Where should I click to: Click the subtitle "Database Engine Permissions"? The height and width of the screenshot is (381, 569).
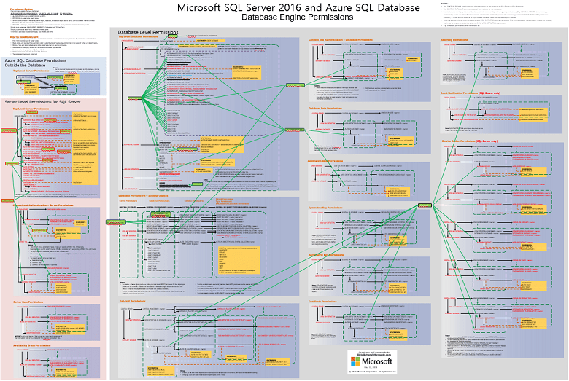[299, 17]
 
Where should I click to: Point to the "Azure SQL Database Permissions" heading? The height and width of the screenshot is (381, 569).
[38, 63]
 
